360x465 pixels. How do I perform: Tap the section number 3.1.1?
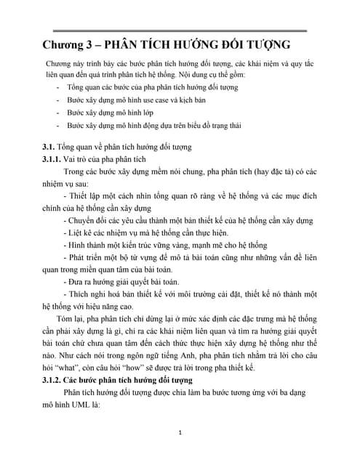(55, 159)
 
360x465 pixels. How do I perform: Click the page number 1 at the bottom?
(180, 433)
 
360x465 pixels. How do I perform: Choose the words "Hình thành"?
(88, 246)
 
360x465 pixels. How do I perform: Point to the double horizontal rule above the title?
(175, 30)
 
